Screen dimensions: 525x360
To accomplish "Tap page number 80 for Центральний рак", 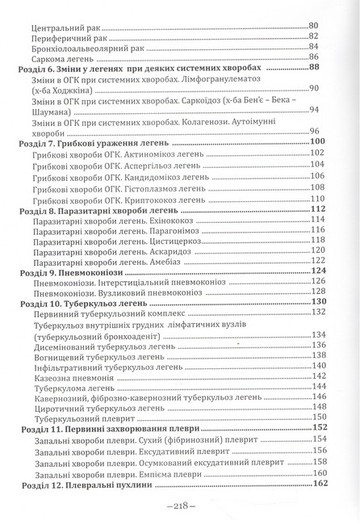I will coord(315,15).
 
